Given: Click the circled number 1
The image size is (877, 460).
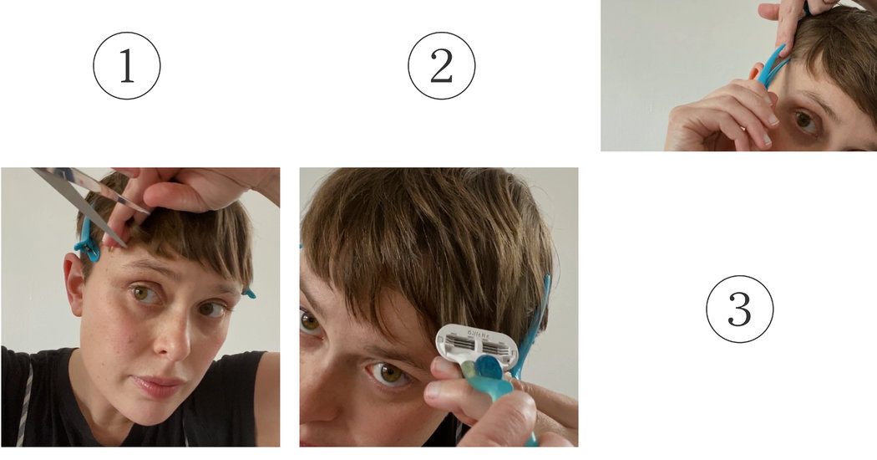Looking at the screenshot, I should click(x=126, y=66).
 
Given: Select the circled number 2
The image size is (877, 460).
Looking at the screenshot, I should click(x=441, y=66).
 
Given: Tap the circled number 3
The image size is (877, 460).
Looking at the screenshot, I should click(x=739, y=309).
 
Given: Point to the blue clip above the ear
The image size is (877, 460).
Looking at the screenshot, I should click(x=87, y=245).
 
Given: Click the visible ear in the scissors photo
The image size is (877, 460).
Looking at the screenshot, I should click(x=75, y=284).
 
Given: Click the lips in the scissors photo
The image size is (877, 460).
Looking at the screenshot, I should click(x=160, y=386).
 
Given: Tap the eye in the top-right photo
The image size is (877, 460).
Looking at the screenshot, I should click(x=804, y=120).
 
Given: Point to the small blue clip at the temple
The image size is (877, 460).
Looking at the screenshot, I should click(x=248, y=294).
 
